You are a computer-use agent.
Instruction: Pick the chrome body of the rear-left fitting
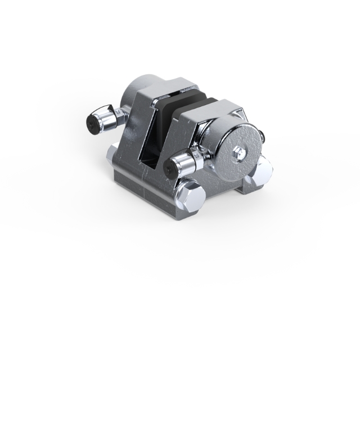(103, 118)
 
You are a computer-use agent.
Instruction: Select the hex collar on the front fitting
(197, 158)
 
